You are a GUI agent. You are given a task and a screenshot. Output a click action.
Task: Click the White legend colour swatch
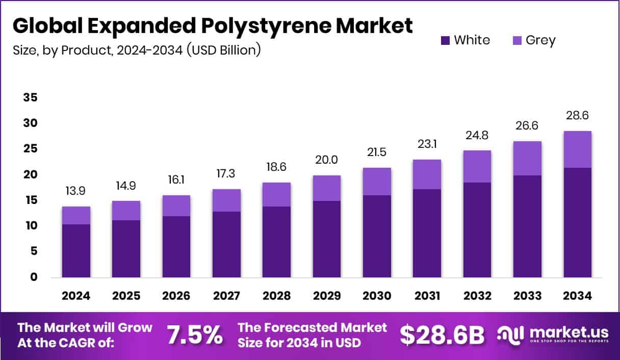(445, 40)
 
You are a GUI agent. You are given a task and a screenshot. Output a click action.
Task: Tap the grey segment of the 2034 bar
(577, 149)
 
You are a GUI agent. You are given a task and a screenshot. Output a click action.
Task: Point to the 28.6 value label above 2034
(577, 116)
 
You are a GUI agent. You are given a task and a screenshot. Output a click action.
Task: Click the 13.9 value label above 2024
(75, 191)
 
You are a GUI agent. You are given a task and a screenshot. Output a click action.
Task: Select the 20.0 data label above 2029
(327, 160)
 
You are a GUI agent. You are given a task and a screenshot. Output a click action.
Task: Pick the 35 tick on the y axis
(30, 97)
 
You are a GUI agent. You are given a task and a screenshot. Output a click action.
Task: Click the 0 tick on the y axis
(34, 277)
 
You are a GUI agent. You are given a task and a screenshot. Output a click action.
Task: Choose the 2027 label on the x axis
(226, 296)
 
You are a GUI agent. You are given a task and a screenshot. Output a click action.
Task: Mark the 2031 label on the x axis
(427, 296)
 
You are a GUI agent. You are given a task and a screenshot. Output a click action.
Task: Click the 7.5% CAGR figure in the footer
(195, 335)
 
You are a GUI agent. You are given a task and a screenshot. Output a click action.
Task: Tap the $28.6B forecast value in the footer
(442, 335)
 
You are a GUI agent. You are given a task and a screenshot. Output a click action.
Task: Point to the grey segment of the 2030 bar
(377, 182)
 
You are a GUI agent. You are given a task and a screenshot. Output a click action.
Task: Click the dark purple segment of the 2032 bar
(477, 229)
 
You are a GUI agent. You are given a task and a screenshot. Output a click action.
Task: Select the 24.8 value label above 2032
(477, 136)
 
